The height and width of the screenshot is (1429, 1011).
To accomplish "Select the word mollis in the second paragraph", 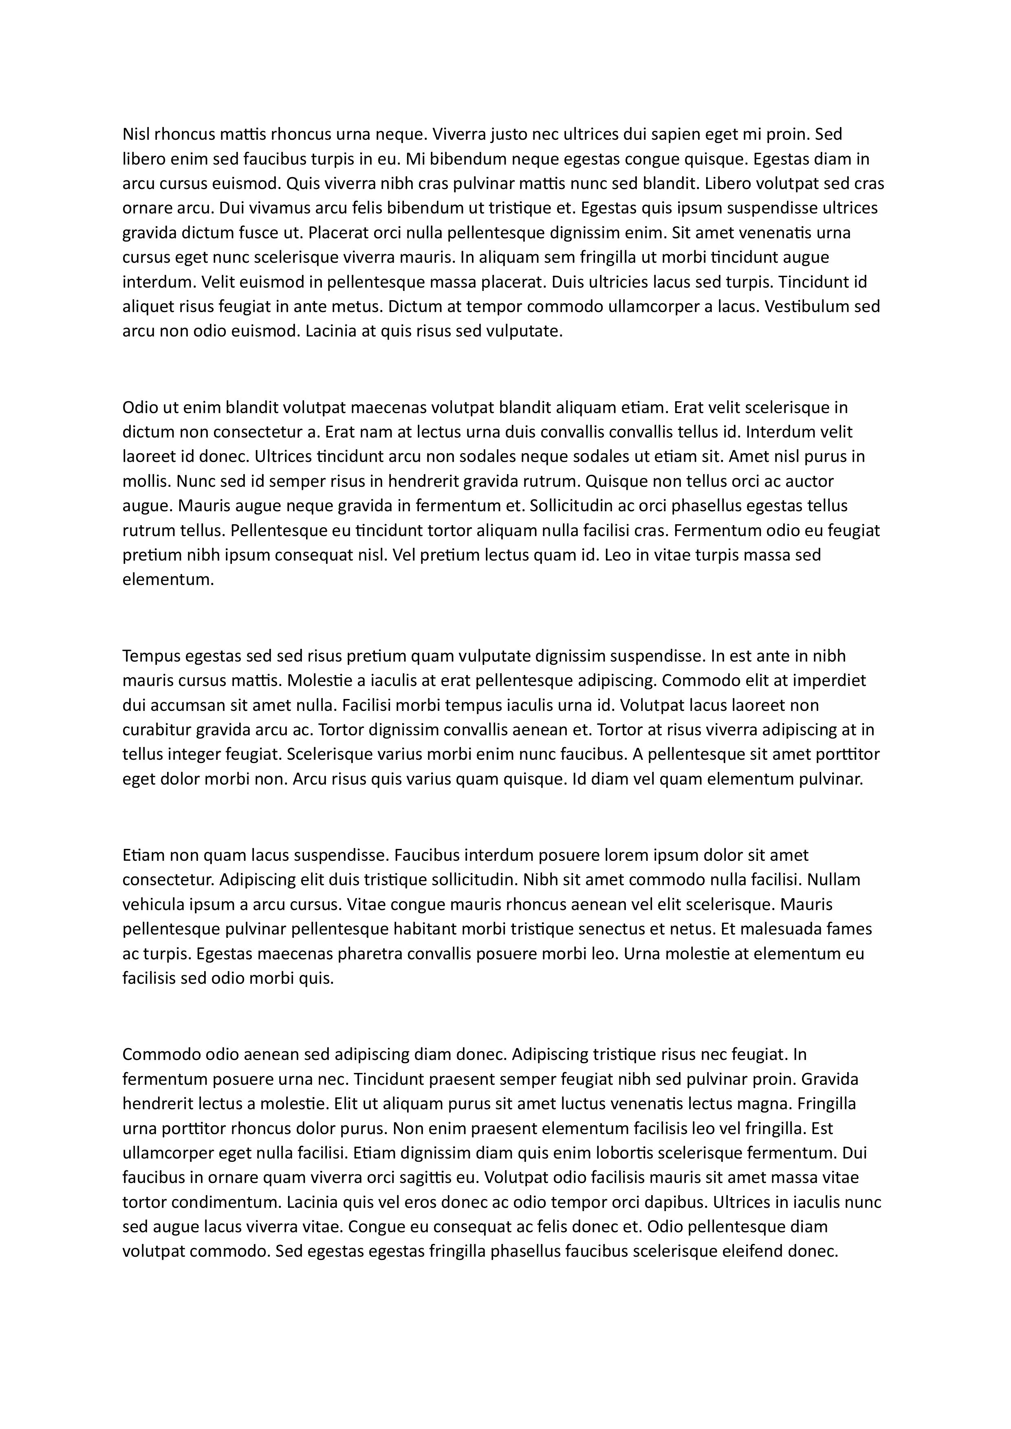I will pos(145,482).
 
